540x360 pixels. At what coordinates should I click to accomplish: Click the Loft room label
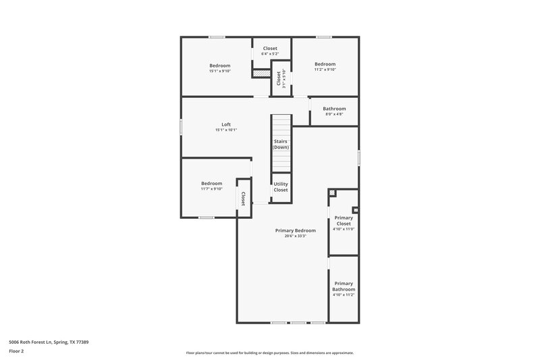point(226,124)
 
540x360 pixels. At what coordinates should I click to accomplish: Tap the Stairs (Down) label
point(280,145)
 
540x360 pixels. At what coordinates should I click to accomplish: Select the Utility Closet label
point(281,186)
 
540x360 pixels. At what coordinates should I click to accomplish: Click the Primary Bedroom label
point(296,230)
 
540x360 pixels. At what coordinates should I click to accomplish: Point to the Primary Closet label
point(344,220)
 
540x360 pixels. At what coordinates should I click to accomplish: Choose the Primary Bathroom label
point(344,286)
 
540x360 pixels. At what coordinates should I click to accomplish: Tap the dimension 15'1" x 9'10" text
point(219,71)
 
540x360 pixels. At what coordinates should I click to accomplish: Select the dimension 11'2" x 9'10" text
point(325,70)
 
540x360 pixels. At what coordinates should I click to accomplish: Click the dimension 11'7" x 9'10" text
point(211,189)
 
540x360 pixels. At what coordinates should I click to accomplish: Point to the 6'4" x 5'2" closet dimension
point(270,54)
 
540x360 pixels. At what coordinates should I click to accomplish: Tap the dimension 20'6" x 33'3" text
point(296,236)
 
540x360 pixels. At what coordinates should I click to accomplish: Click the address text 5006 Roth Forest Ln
point(49,342)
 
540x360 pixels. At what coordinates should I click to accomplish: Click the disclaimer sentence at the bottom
point(270,353)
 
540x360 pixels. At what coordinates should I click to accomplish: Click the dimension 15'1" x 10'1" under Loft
point(226,130)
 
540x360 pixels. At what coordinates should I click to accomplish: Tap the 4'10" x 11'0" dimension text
point(344,230)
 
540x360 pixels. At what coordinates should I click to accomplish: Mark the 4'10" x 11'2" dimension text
point(344,295)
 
